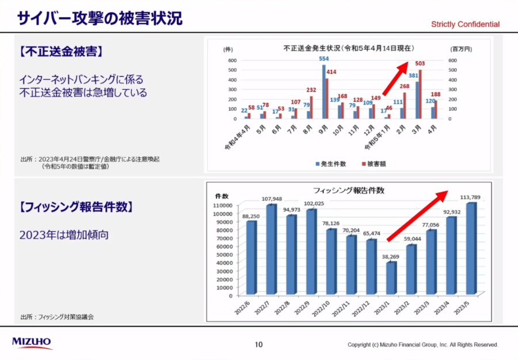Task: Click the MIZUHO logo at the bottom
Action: click(x=32, y=343)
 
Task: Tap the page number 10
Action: click(x=259, y=344)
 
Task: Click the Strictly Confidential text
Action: click(x=466, y=24)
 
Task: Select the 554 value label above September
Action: click(x=324, y=59)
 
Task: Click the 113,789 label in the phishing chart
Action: click(x=471, y=197)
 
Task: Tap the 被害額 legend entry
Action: click(x=374, y=164)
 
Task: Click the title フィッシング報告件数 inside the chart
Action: click(x=348, y=190)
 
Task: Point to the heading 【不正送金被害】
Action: click(x=60, y=52)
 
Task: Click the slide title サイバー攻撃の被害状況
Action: click(x=100, y=18)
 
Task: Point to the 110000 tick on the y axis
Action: click(x=222, y=205)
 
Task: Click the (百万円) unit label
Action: click(x=461, y=50)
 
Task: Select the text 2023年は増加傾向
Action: click(x=64, y=235)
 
